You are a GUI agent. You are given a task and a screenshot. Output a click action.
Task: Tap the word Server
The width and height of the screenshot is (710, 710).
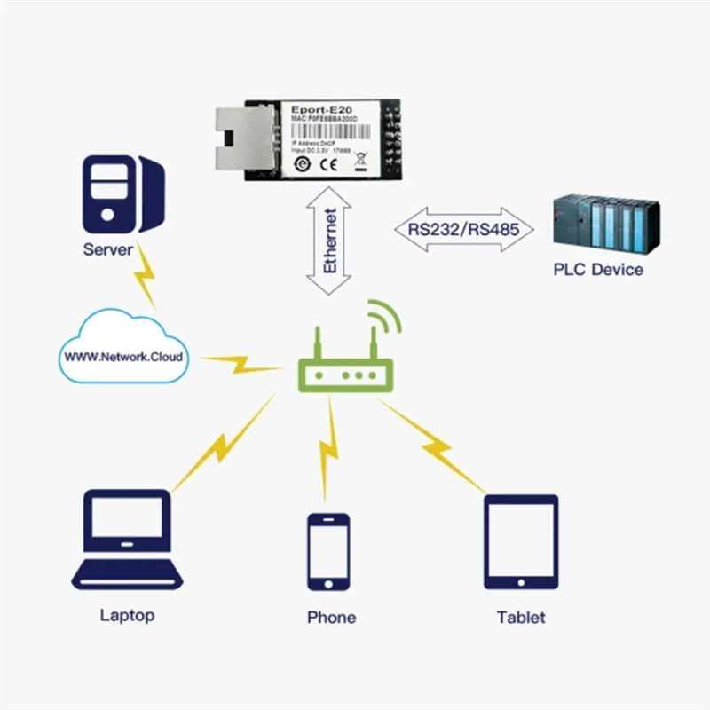108,249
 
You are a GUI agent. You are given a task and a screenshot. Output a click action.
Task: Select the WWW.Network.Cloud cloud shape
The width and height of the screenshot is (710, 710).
124,348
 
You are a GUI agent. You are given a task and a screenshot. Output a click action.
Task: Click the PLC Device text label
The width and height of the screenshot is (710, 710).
598,269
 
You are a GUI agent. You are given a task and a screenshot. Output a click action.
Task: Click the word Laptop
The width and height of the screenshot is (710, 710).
127,615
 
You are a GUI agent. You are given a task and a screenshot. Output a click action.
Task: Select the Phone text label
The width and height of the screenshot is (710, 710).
331,617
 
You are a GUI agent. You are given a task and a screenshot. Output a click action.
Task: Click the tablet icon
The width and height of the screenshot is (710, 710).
521,542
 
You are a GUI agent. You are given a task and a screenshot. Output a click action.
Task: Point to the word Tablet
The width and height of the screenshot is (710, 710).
521,617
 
